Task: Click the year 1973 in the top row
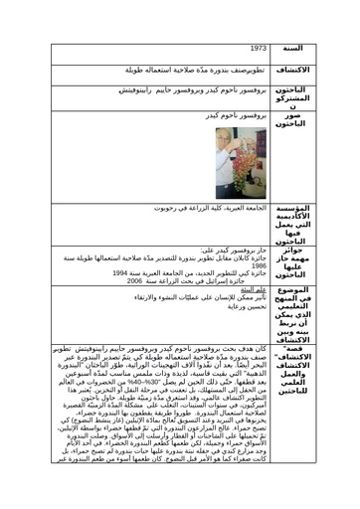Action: coord(256,46)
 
